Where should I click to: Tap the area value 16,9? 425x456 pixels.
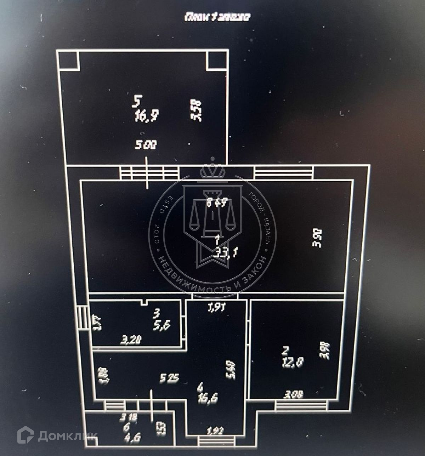[x=146, y=115]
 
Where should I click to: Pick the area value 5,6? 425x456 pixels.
[x=161, y=325]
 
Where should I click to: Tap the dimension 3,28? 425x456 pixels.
[x=131, y=341]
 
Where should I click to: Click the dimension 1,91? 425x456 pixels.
[x=216, y=308]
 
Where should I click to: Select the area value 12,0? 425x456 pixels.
[x=293, y=363]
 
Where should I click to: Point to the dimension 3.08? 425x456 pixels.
[x=294, y=394]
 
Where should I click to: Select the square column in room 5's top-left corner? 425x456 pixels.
[x=68, y=61]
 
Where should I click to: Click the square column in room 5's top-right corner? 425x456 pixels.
[x=216, y=61]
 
